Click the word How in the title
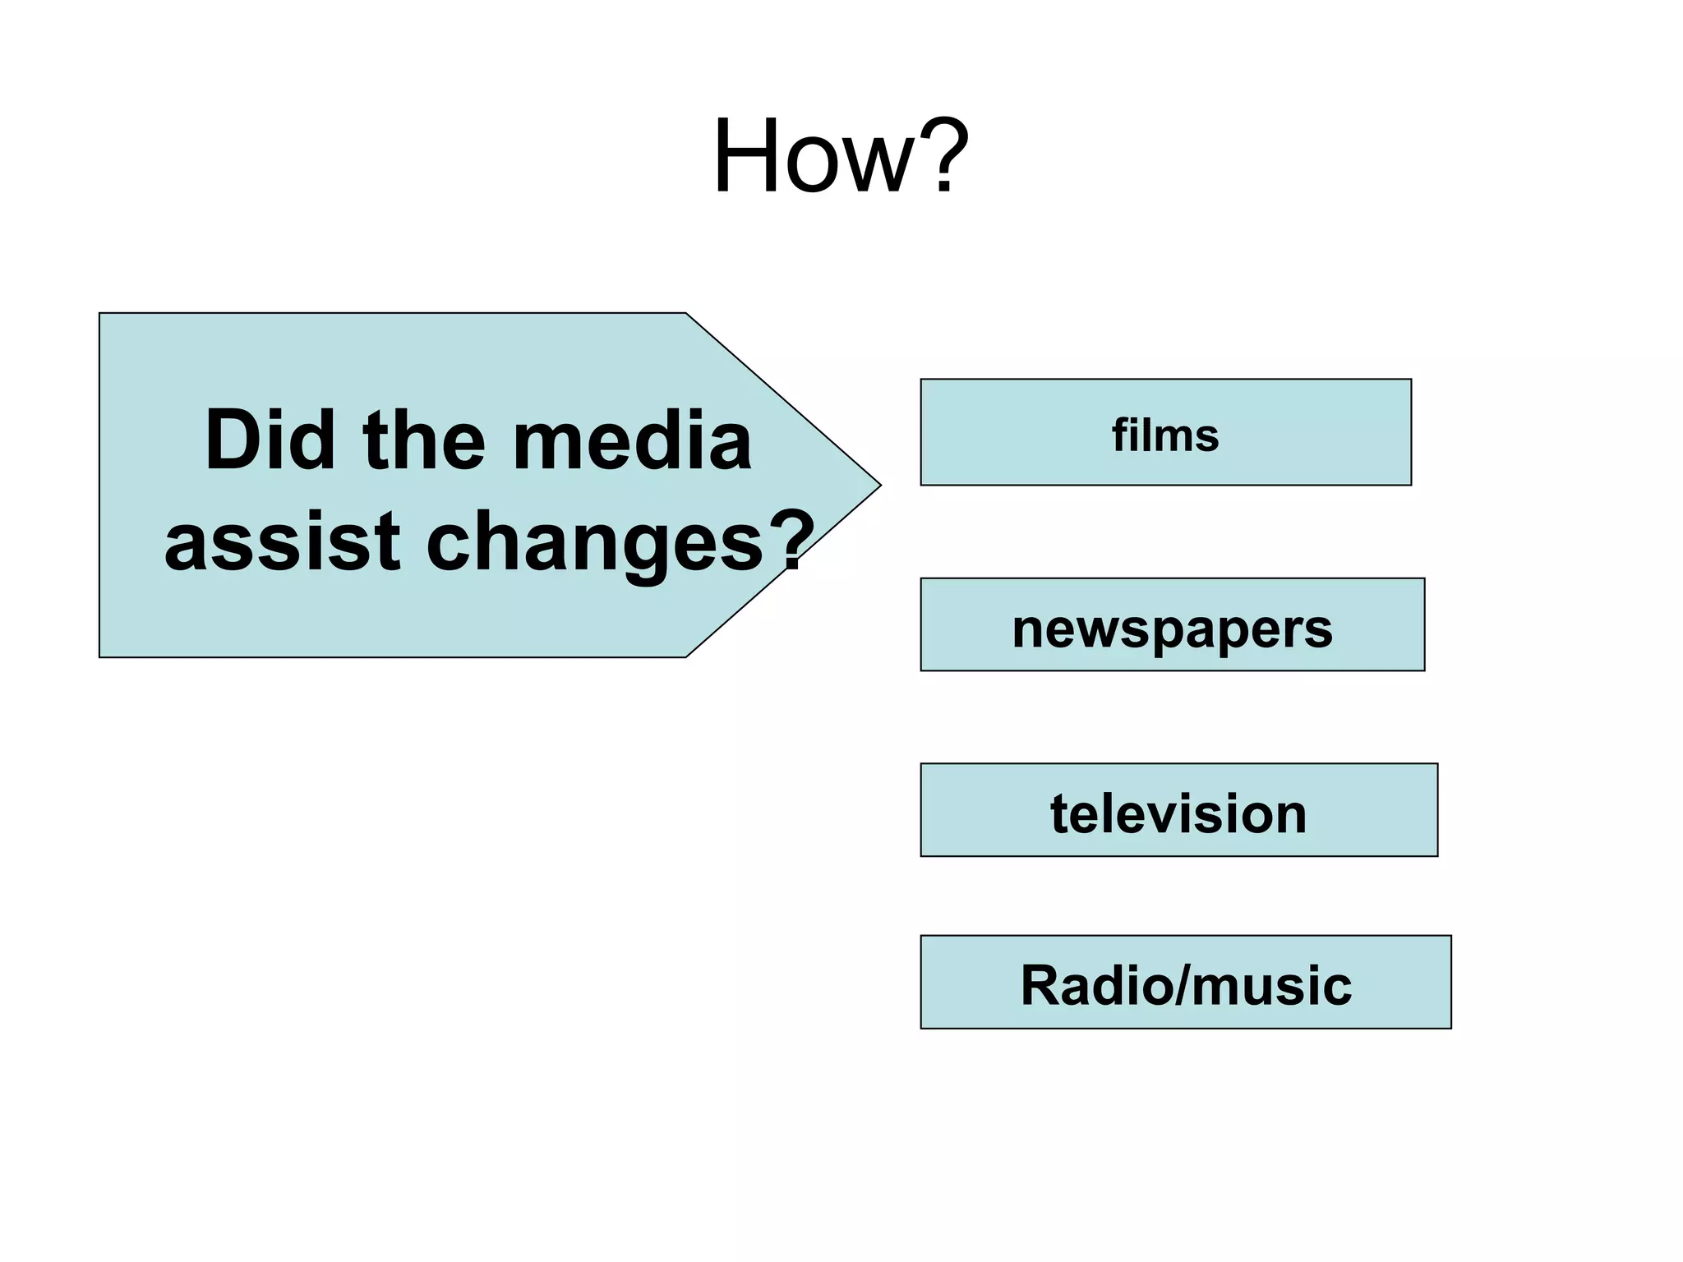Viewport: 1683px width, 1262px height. pyautogui.click(x=813, y=156)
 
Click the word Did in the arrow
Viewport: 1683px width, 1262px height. pyautogui.click(x=270, y=441)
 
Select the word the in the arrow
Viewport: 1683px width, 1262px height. pyautogui.click(x=425, y=441)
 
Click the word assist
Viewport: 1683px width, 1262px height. pyautogui.click(x=282, y=541)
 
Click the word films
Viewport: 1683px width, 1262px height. pyautogui.click(x=1165, y=435)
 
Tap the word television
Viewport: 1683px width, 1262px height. pyautogui.click(x=1178, y=813)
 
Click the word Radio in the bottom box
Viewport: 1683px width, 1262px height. pyautogui.click(x=1094, y=984)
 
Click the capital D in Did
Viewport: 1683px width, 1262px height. pyautogui.click(x=231, y=441)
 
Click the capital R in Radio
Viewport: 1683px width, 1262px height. pyautogui.click(x=1040, y=984)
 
